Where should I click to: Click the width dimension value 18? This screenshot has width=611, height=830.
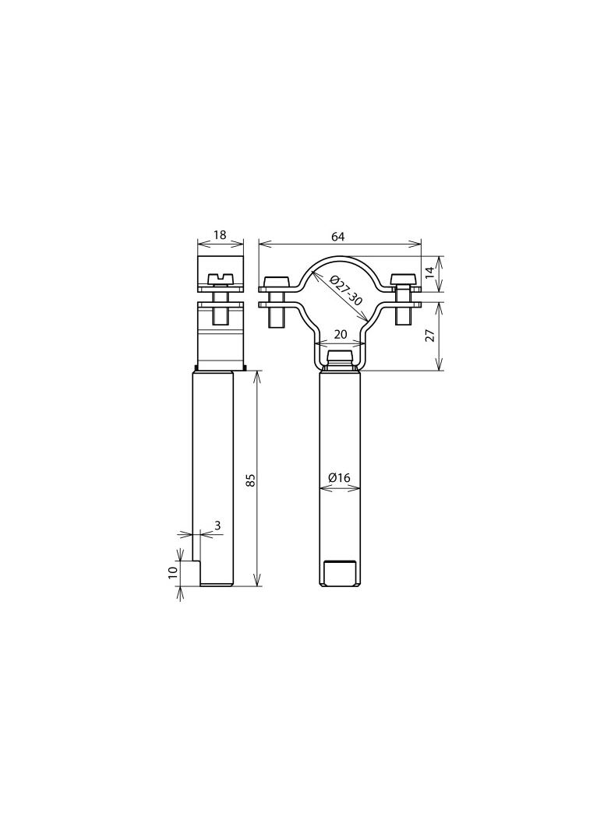tap(220, 235)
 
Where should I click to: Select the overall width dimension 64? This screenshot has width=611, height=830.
tap(337, 236)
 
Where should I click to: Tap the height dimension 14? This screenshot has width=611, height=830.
tap(429, 273)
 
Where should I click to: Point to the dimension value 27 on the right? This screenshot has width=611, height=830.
tap(429, 336)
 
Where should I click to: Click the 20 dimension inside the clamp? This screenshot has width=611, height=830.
tap(340, 334)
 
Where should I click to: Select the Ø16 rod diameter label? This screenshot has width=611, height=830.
tap(340, 477)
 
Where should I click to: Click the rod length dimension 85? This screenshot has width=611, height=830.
tap(250, 480)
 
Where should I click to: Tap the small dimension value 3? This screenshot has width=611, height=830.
tap(217, 526)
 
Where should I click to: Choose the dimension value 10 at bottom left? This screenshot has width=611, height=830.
tap(173, 572)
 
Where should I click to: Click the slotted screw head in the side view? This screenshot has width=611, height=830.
tap(221, 278)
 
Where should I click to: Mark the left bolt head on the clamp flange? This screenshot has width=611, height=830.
tap(275, 281)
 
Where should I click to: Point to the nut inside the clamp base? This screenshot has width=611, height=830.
tap(340, 358)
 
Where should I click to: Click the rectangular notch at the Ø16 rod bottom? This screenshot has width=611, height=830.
tap(340, 573)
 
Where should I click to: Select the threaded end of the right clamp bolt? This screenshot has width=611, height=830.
tap(403, 315)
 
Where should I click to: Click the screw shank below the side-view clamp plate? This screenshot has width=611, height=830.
tap(221, 313)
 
